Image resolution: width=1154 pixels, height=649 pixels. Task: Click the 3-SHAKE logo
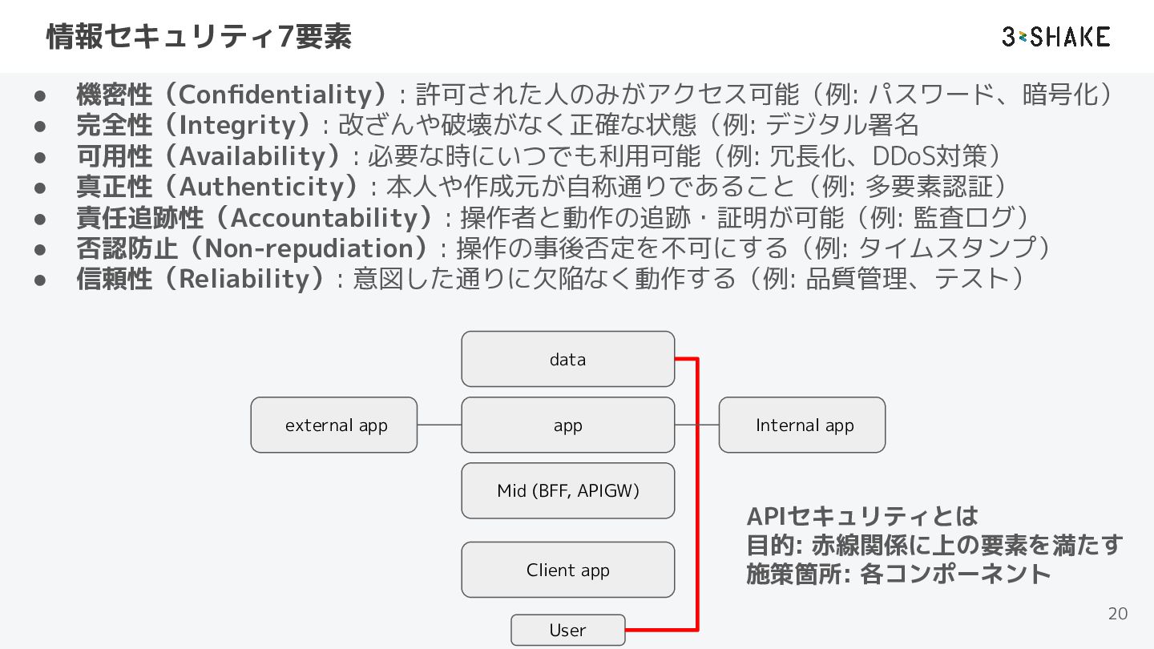point(1056,37)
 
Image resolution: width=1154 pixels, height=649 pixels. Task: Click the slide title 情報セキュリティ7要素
point(199,37)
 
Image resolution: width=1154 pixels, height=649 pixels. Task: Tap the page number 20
point(1118,614)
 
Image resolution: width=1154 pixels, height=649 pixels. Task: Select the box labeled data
point(567,359)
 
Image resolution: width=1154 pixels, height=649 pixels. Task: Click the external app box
point(334,425)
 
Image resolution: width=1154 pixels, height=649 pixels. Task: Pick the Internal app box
point(802,425)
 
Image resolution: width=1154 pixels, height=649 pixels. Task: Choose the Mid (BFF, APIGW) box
point(567,490)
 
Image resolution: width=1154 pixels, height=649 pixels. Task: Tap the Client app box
point(567,570)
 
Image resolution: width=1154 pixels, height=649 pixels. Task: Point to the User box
point(567,630)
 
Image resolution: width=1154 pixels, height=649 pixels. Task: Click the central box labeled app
point(567,425)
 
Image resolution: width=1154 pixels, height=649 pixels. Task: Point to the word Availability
point(252,156)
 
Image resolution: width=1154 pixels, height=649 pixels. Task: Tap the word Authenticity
point(262,187)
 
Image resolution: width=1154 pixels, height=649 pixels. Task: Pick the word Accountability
point(324,218)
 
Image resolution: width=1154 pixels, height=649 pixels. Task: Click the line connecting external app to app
point(439,425)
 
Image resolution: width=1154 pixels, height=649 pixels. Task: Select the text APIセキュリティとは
point(862,516)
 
